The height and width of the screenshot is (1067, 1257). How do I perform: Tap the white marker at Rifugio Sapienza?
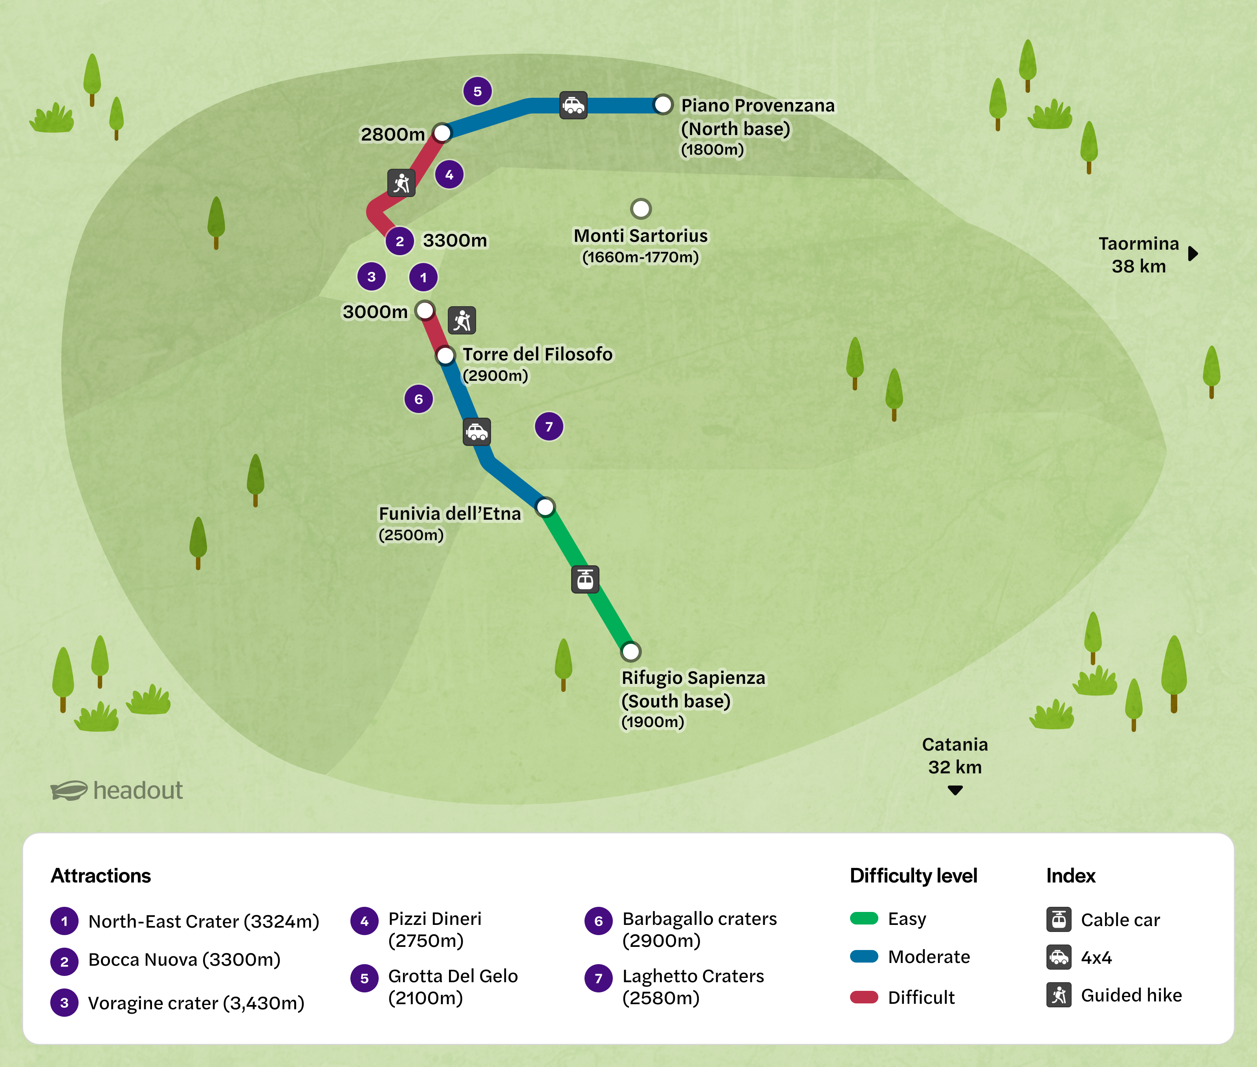630,651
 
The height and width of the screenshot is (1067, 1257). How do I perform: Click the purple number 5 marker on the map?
478,91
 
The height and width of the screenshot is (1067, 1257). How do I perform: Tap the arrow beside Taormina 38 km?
1193,254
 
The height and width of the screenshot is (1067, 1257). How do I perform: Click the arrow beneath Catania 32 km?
955,790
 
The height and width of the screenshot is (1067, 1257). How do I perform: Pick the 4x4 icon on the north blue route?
573,106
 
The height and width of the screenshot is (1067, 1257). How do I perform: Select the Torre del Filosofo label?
537,354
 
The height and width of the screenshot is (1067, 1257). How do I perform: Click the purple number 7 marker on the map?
549,426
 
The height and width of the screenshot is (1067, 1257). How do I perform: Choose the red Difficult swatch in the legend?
864,997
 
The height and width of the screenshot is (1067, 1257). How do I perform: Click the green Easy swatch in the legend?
864,919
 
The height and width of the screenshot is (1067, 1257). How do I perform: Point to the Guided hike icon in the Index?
1059,995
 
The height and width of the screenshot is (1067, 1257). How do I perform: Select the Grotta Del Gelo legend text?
453,976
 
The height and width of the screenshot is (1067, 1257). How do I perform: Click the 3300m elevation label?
454,241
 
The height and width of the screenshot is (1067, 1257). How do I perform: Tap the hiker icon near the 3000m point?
462,321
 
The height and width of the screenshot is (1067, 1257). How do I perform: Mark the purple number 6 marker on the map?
419,399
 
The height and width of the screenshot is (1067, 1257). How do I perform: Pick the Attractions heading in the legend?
101,876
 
